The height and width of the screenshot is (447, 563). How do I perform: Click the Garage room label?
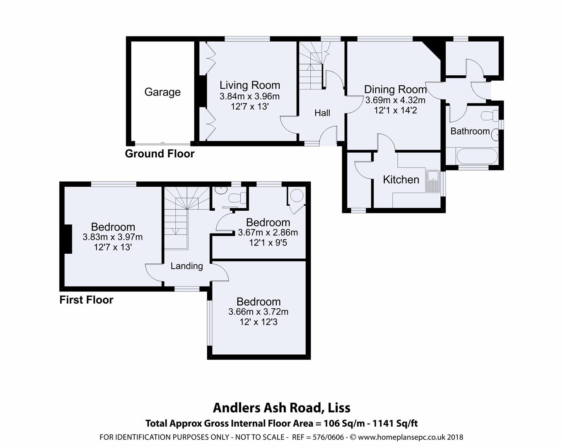162,92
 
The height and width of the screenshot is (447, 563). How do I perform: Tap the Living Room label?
250,85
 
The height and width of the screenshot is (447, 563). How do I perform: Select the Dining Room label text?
395,89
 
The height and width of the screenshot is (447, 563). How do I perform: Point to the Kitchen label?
401,180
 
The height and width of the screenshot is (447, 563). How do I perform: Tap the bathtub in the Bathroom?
476,157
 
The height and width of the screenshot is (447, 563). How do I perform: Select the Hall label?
322,113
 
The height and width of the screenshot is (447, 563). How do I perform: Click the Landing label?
187,266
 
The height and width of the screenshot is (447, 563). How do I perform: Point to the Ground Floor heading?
159,154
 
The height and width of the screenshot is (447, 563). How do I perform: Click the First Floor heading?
86,300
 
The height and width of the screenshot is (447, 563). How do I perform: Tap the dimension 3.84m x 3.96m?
249,96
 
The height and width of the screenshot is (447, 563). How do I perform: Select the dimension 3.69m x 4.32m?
395,100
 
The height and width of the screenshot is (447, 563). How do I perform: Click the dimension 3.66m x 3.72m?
259,312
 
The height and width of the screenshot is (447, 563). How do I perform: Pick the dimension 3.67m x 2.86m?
268,233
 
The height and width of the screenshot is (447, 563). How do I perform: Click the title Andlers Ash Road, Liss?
281,408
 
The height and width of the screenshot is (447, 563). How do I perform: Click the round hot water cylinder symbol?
297,195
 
